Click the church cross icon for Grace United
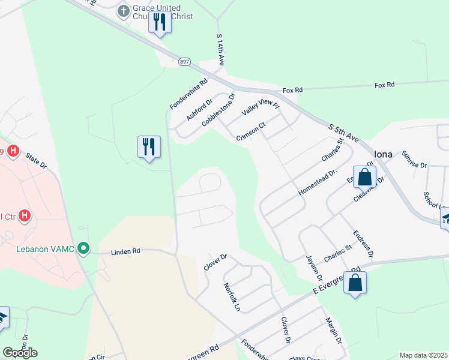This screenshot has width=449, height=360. click(x=124, y=10)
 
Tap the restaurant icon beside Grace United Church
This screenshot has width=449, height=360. click(x=160, y=22)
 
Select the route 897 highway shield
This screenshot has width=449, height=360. click(x=184, y=61)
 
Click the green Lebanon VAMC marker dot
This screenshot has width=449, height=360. click(x=84, y=247)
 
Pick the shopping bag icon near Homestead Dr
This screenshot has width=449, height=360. click(x=364, y=177)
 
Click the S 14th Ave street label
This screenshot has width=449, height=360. click(x=220, y=50)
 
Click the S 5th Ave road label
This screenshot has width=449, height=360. click(x=344, y=133)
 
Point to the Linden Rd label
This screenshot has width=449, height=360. click(x=125, y=252)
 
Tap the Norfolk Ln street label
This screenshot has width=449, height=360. click(x=232, y=298)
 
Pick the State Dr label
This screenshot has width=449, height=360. click(x=35, y=160)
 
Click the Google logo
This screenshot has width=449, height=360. click(x=20, y=352)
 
